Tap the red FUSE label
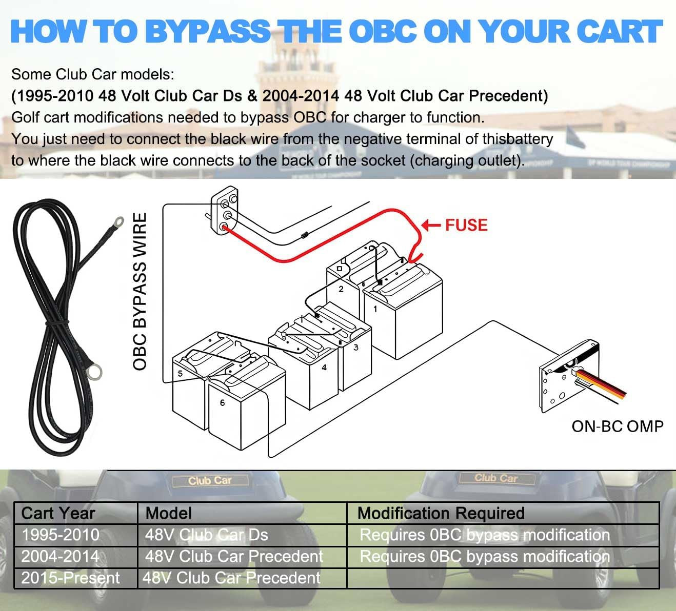tap(466, 225)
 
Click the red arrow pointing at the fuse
tap(430, 225)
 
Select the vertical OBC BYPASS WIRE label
tap(140, 292)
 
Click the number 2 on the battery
tap(341, 289)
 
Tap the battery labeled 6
tap(241, 410)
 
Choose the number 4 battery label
tap(324, 367)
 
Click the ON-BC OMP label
tap(617, 426)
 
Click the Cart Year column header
tap(58, 513)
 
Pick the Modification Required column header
tap(441, 513)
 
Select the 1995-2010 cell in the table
tap(61, 535)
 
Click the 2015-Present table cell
tap(70, 578)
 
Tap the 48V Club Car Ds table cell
tap(206, 535)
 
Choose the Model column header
tap(168, 513)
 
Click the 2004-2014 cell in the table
tap(61, 556)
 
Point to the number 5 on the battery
tap(180, 373)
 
